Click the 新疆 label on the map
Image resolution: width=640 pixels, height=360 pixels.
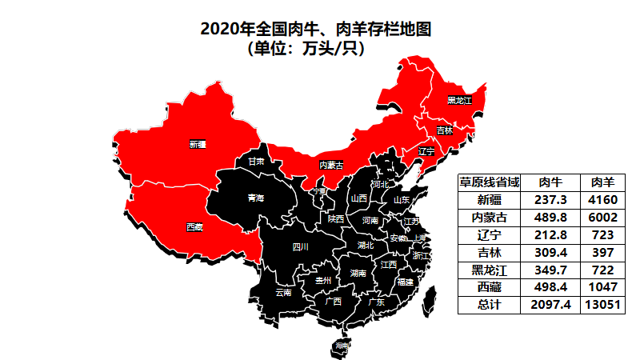198,145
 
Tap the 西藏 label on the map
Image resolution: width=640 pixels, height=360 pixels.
194,227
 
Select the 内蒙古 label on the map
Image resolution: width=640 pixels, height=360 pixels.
331,165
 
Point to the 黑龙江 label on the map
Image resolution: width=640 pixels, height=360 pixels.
460,100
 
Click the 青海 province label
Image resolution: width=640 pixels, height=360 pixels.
255,197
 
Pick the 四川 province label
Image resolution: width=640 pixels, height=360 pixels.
300,246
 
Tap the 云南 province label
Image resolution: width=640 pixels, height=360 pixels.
283,293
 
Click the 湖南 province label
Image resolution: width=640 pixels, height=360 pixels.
359,274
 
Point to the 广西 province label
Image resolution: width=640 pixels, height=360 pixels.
333,302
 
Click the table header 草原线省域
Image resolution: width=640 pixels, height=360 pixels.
489,182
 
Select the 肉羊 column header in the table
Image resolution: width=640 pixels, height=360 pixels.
602,182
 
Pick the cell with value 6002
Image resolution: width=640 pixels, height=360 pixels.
602,217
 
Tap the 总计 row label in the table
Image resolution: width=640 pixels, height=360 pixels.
489,304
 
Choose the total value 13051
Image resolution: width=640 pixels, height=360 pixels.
602,304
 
